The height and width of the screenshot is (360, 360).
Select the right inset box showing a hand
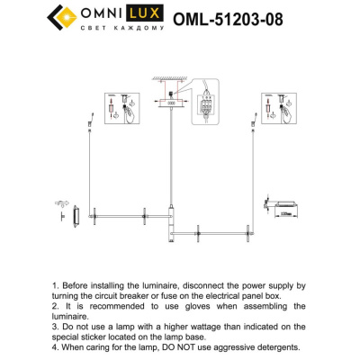(275, 110)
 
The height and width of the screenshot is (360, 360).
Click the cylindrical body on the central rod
(170, 221)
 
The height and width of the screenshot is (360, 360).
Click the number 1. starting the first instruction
(57, 283)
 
